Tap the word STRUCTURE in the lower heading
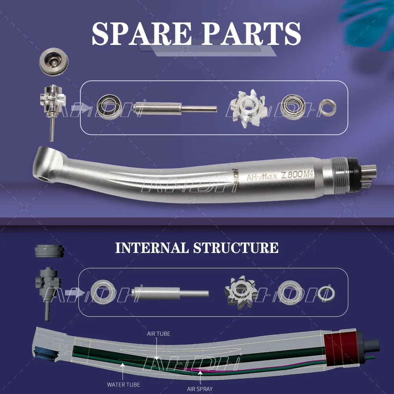[x=236, y=248]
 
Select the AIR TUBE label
[x=158, y=334]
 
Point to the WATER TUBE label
[x=123, y=384]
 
